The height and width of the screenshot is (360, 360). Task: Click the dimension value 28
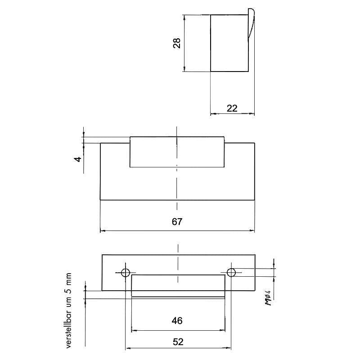pyautogui.click(x=176, y=43)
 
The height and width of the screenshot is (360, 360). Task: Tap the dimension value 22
pyautogui.click(x=232, y=108)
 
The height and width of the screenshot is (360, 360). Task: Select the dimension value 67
pyautogui.click(x=177, y=221)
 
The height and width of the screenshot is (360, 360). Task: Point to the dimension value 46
pyautogui.click(x=177, y=321)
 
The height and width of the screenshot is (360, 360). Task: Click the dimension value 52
pyautogui.click(x=178, y=342)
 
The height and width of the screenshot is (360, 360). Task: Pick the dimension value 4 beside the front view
pyautogui.click(x=78, y=159)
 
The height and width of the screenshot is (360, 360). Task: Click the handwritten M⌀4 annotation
pyautogui.click(x=268, y=298)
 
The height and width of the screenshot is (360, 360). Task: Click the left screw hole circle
pyautogui.click(x=126, y=273)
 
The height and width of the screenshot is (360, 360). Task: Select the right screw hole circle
pyautogui.click(x=231, y=273)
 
